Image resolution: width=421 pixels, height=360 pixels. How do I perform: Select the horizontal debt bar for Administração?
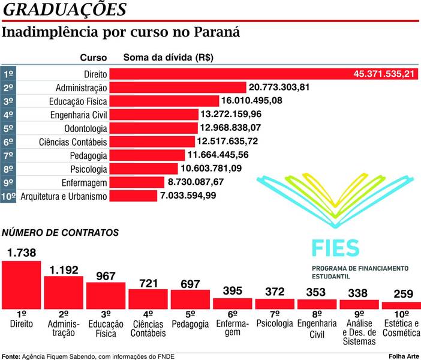point(178,88)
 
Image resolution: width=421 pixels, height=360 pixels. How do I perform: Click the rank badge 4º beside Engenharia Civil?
point(8,115)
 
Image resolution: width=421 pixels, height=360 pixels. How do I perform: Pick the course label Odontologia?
point(85,128)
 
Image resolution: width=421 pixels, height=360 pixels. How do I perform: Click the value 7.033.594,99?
point(187,196)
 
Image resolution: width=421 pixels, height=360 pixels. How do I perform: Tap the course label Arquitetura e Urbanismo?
point(64,196)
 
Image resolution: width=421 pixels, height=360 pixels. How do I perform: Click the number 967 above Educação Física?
point(106,276)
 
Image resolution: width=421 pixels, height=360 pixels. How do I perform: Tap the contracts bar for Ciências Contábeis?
point(148,298)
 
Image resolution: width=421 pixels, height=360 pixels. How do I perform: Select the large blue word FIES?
point(335,247)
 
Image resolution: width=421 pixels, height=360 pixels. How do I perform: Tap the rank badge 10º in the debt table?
point(8,196)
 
